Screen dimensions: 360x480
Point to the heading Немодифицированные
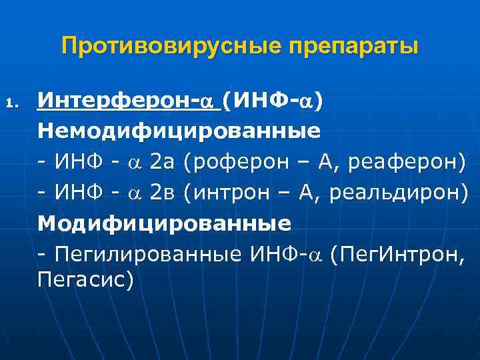click(178, 131)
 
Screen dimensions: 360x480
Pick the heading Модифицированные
click(164, 223)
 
